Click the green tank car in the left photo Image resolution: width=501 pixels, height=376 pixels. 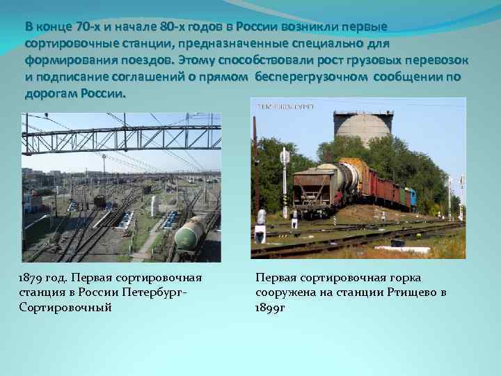(191, 233)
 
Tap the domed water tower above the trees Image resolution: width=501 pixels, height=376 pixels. (362, 126)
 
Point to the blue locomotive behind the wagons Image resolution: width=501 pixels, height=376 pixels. (411, 198)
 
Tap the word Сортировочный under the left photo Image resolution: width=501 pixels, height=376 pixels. (65, 306)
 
